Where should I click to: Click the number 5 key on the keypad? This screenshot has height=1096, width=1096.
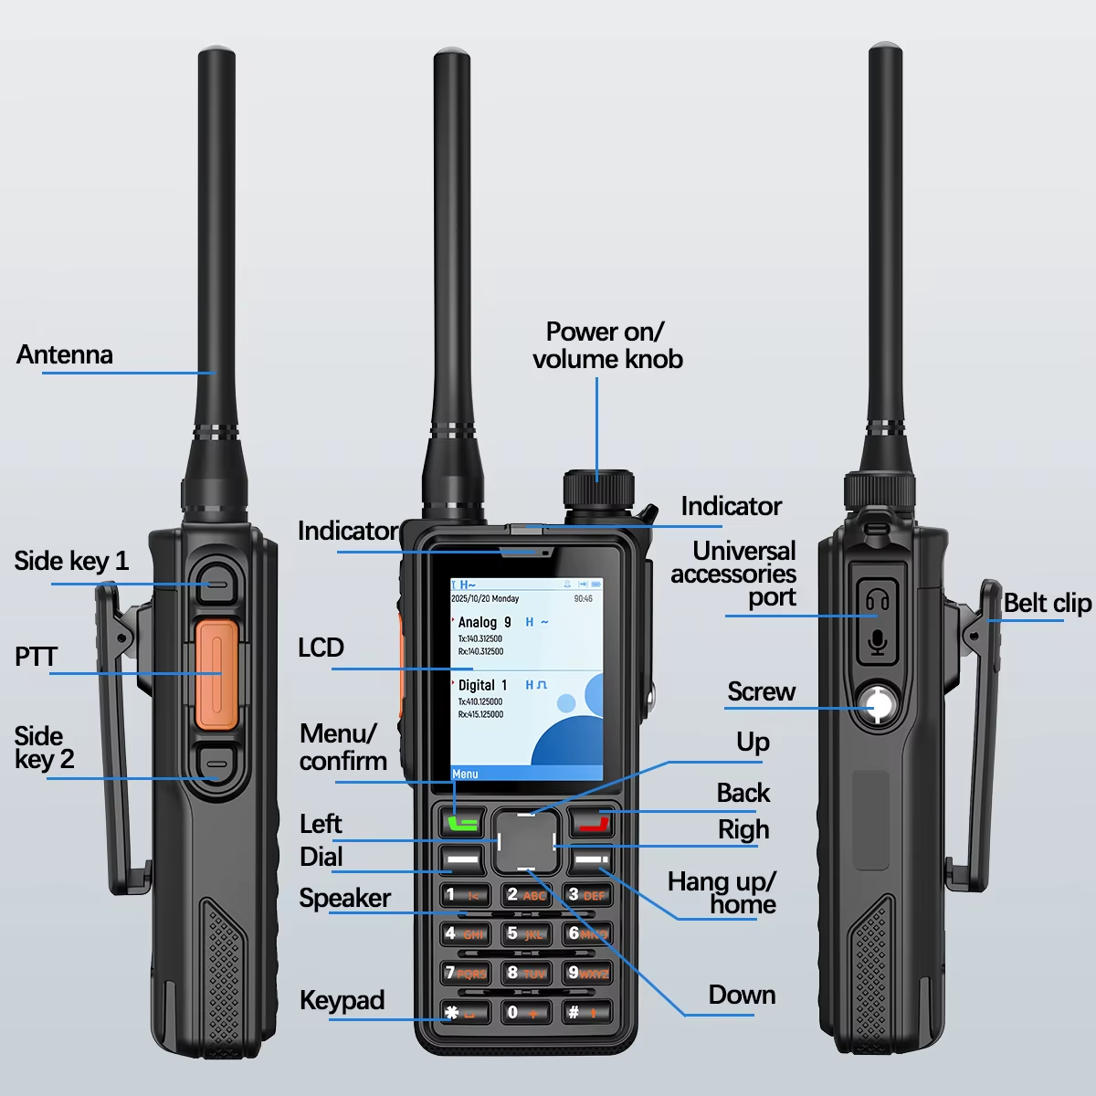(526, 934)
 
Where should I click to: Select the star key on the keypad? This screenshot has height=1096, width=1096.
(465, 1012)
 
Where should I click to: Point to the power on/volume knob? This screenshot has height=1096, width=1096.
(598, 490)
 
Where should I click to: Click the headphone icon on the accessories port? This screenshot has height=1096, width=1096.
(878, 602)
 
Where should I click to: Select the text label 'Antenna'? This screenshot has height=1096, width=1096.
(65, 355)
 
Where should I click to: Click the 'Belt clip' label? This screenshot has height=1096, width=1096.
(1047, 604)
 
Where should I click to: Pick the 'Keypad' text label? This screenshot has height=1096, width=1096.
(342, 1000)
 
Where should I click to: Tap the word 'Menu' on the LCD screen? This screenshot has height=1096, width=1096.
(465, 775)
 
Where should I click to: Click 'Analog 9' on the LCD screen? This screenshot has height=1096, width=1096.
(485, 622)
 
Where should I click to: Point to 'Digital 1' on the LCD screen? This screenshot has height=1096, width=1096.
(482, 685)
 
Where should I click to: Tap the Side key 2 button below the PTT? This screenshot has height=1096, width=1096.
(216, 764)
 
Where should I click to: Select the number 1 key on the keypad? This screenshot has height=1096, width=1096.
(465, 895)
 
